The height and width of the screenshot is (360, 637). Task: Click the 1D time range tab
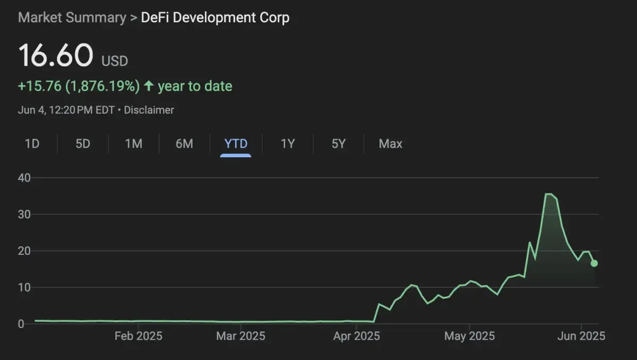pos(32,143)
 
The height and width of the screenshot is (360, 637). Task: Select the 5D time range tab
pos(83,143)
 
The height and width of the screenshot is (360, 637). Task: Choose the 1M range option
pos(133,143)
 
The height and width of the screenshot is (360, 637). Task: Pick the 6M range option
pos(184,143)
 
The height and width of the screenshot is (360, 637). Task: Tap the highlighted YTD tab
pos(236,143)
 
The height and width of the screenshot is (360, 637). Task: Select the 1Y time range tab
pos(287,143)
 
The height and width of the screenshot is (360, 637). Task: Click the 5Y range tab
pos(338,143)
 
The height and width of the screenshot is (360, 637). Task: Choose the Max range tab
pos(390,143)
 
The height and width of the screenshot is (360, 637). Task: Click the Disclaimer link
pos(149,110)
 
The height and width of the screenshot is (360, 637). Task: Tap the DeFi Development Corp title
pos(215,18)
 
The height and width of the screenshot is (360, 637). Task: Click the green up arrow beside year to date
pos(149,85)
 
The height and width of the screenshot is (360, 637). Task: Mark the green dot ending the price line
pos(594,263)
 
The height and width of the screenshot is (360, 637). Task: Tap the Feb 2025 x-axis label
pos(138,336)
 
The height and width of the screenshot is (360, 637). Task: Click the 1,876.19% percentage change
pos(102,86)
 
